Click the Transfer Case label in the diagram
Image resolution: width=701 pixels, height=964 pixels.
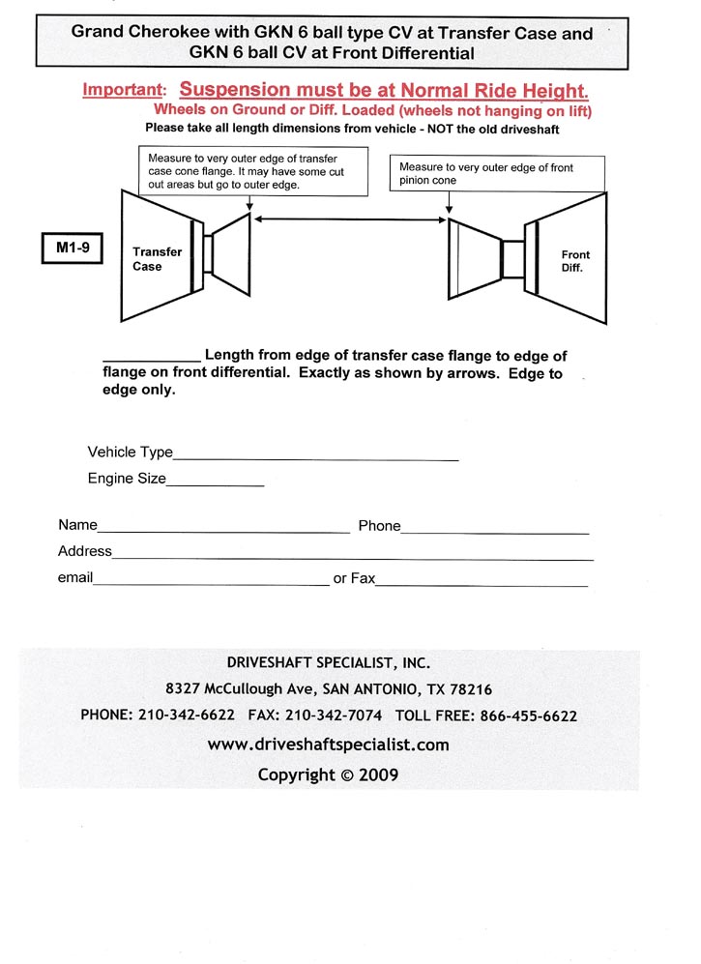157,259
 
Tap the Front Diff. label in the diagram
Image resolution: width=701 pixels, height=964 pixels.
575,261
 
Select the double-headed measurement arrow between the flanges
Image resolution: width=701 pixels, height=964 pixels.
349,221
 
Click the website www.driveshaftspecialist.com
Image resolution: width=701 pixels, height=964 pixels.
328,745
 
